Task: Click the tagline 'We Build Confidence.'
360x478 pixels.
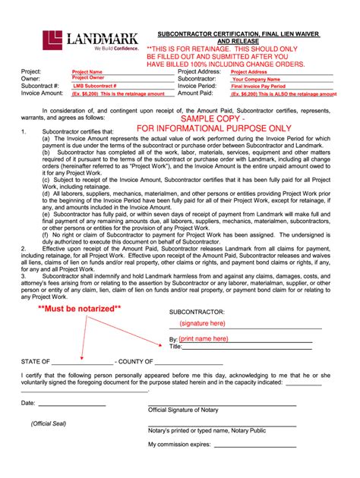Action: [x=106, y=48]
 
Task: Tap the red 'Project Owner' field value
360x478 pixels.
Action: [x=90, y=78]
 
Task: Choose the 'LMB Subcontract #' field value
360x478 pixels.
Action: [x=95, y=86]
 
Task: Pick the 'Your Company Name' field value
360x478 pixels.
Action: [x=257, y=79]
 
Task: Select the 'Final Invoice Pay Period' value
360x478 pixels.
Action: [x=263, y=86]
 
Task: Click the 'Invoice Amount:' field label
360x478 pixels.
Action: [x=43, y=94]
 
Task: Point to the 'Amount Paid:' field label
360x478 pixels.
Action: [x=195, y=94]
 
